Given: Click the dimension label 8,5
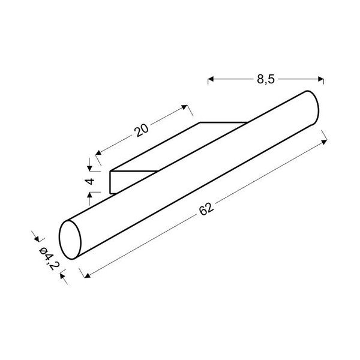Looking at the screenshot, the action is point(265,79).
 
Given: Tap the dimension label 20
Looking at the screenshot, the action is point(142,130).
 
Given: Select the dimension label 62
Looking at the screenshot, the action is point(206,208).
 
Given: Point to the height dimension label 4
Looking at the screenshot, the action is point(90,181).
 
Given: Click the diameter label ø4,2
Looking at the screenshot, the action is point(49,258).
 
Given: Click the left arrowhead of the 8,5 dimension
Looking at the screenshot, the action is point(211,79).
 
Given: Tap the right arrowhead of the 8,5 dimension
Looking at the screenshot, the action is point(321,79).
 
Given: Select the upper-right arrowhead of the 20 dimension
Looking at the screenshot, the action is point(184,107).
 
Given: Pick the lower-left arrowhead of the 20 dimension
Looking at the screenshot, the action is point(98,152).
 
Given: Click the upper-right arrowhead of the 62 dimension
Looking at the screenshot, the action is point(324,142).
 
